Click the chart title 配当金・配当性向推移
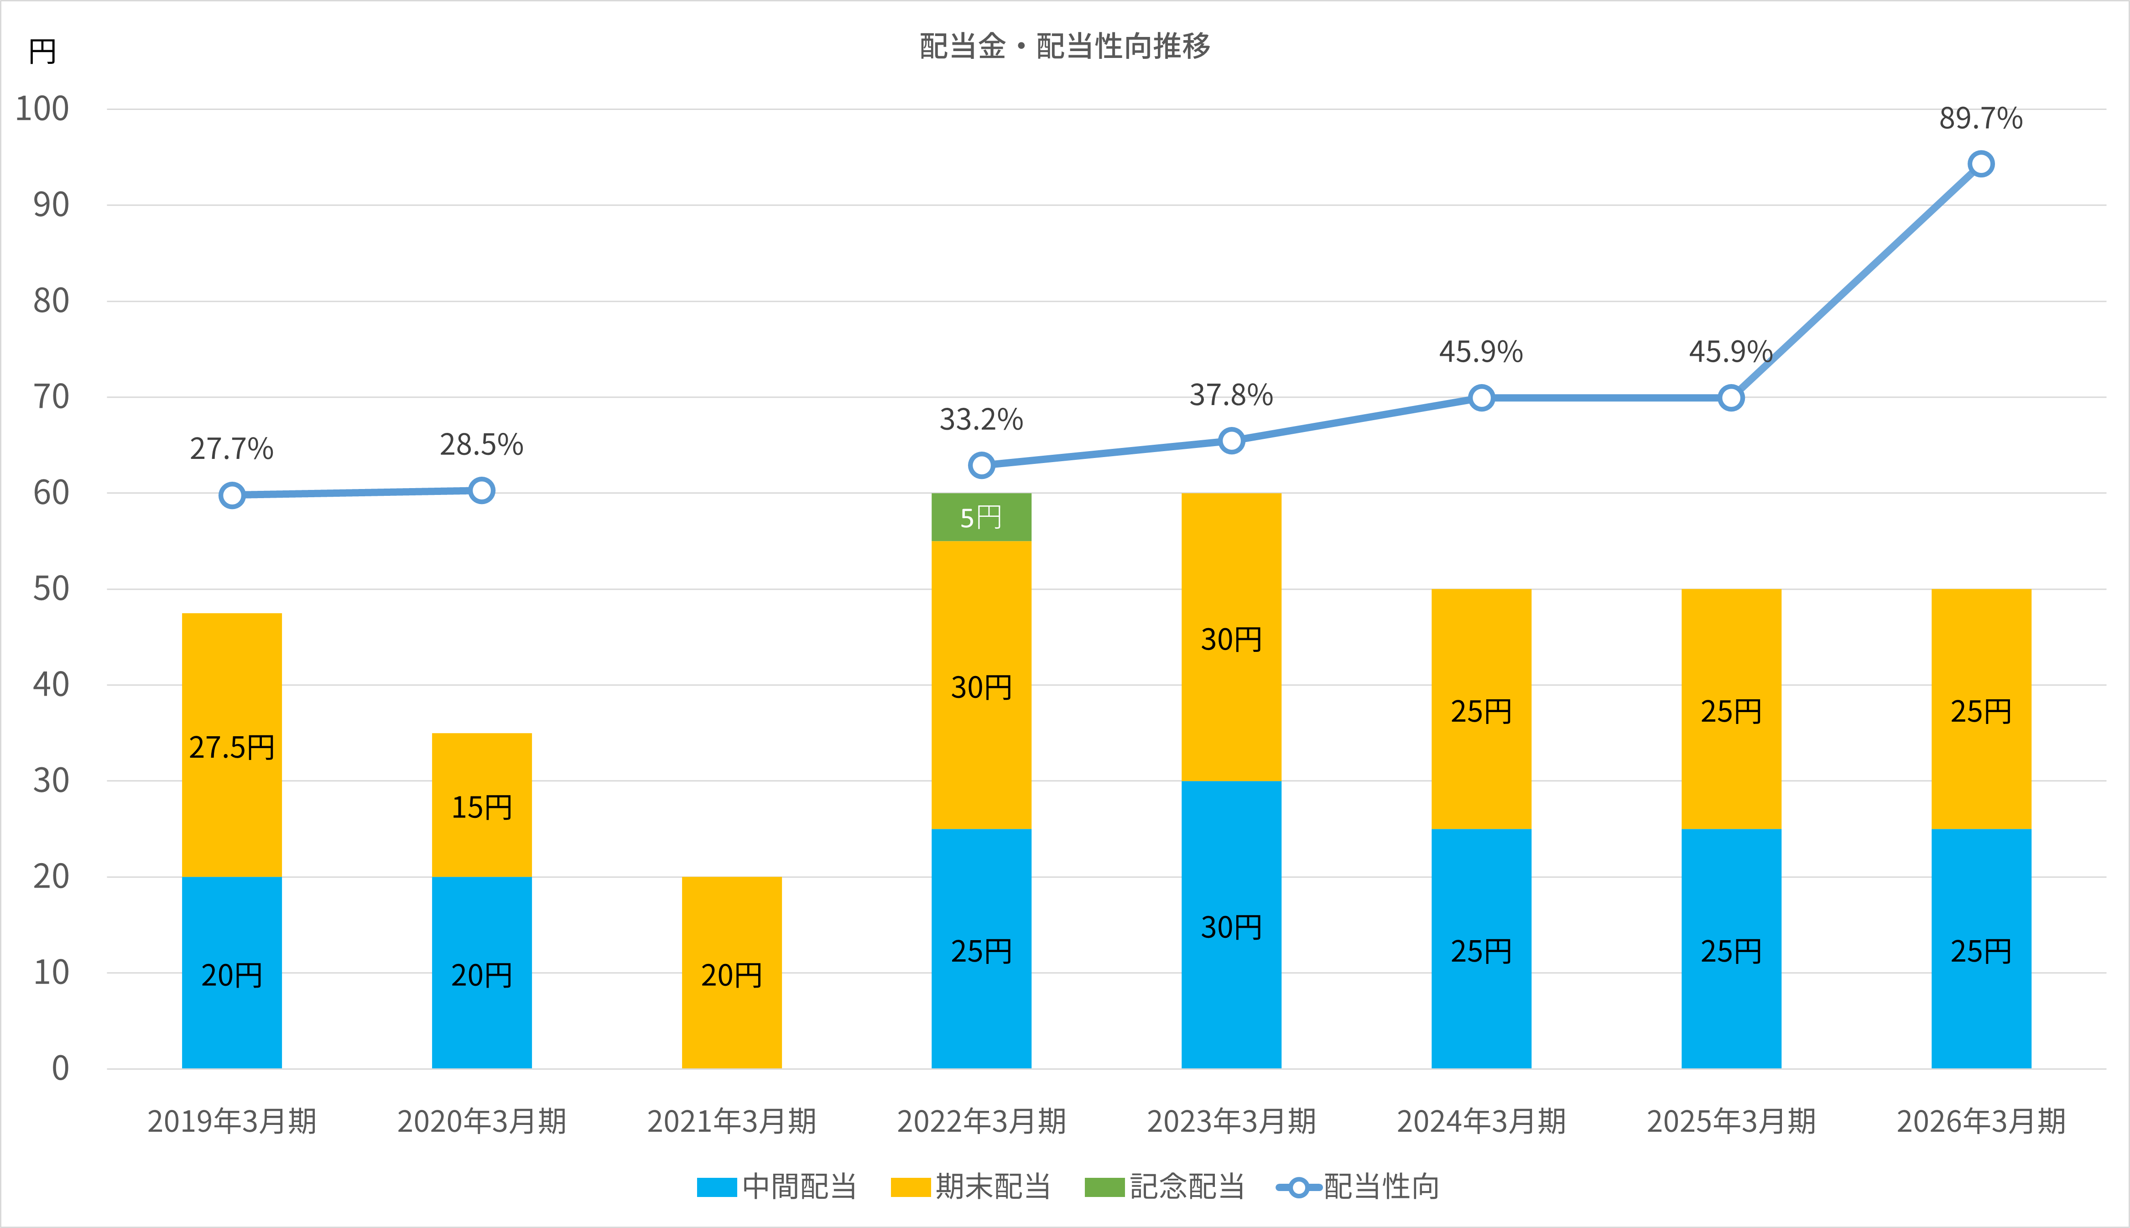pos(1065,46)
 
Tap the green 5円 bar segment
pos(981,517)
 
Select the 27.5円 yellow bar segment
pos(232,745)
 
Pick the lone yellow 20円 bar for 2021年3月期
pos(731,973)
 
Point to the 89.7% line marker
pos(1981,164)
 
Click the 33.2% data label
pos(981,419)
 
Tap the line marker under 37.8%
pos(1231,441)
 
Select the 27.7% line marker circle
pos(232,495)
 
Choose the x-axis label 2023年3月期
pos(1231,1121)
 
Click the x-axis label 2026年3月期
pos(1981,1121)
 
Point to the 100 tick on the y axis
pos(42,109)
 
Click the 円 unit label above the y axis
pos(42,52)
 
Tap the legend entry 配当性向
pos(1358,1186)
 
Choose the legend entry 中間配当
pos(776,1186)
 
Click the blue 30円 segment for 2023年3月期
pos(1231,924)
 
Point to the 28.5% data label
pos(481,444)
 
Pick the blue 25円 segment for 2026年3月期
pos(1981,949)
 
